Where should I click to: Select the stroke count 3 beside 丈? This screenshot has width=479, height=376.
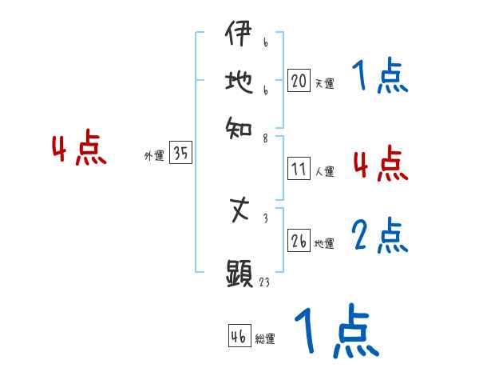click(x=264, y=217)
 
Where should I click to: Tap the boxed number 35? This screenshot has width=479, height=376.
click(x=180, y=154)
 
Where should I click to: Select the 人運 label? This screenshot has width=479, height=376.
click(x=324, y=171)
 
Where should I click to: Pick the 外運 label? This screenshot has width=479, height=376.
click(x=154, y=156)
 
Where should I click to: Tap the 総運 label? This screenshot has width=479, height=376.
click(x=265, y=338)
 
